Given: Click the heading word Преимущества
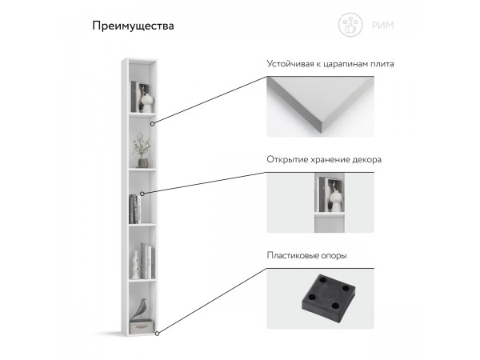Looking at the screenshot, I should (x=133, y=26).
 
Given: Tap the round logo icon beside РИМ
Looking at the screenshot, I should (x=350, y=26).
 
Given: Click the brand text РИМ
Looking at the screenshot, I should (x=383, y=26).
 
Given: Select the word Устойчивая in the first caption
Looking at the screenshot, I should (x=291, y=62).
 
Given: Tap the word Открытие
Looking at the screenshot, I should (x=289, y=159).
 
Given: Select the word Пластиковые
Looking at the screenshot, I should (x=296, y=256).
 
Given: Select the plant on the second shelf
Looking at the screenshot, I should (x=141, y=146).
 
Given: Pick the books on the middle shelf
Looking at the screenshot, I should (x=134, y=209).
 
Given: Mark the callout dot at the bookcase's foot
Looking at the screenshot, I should (x=158, y=332).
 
